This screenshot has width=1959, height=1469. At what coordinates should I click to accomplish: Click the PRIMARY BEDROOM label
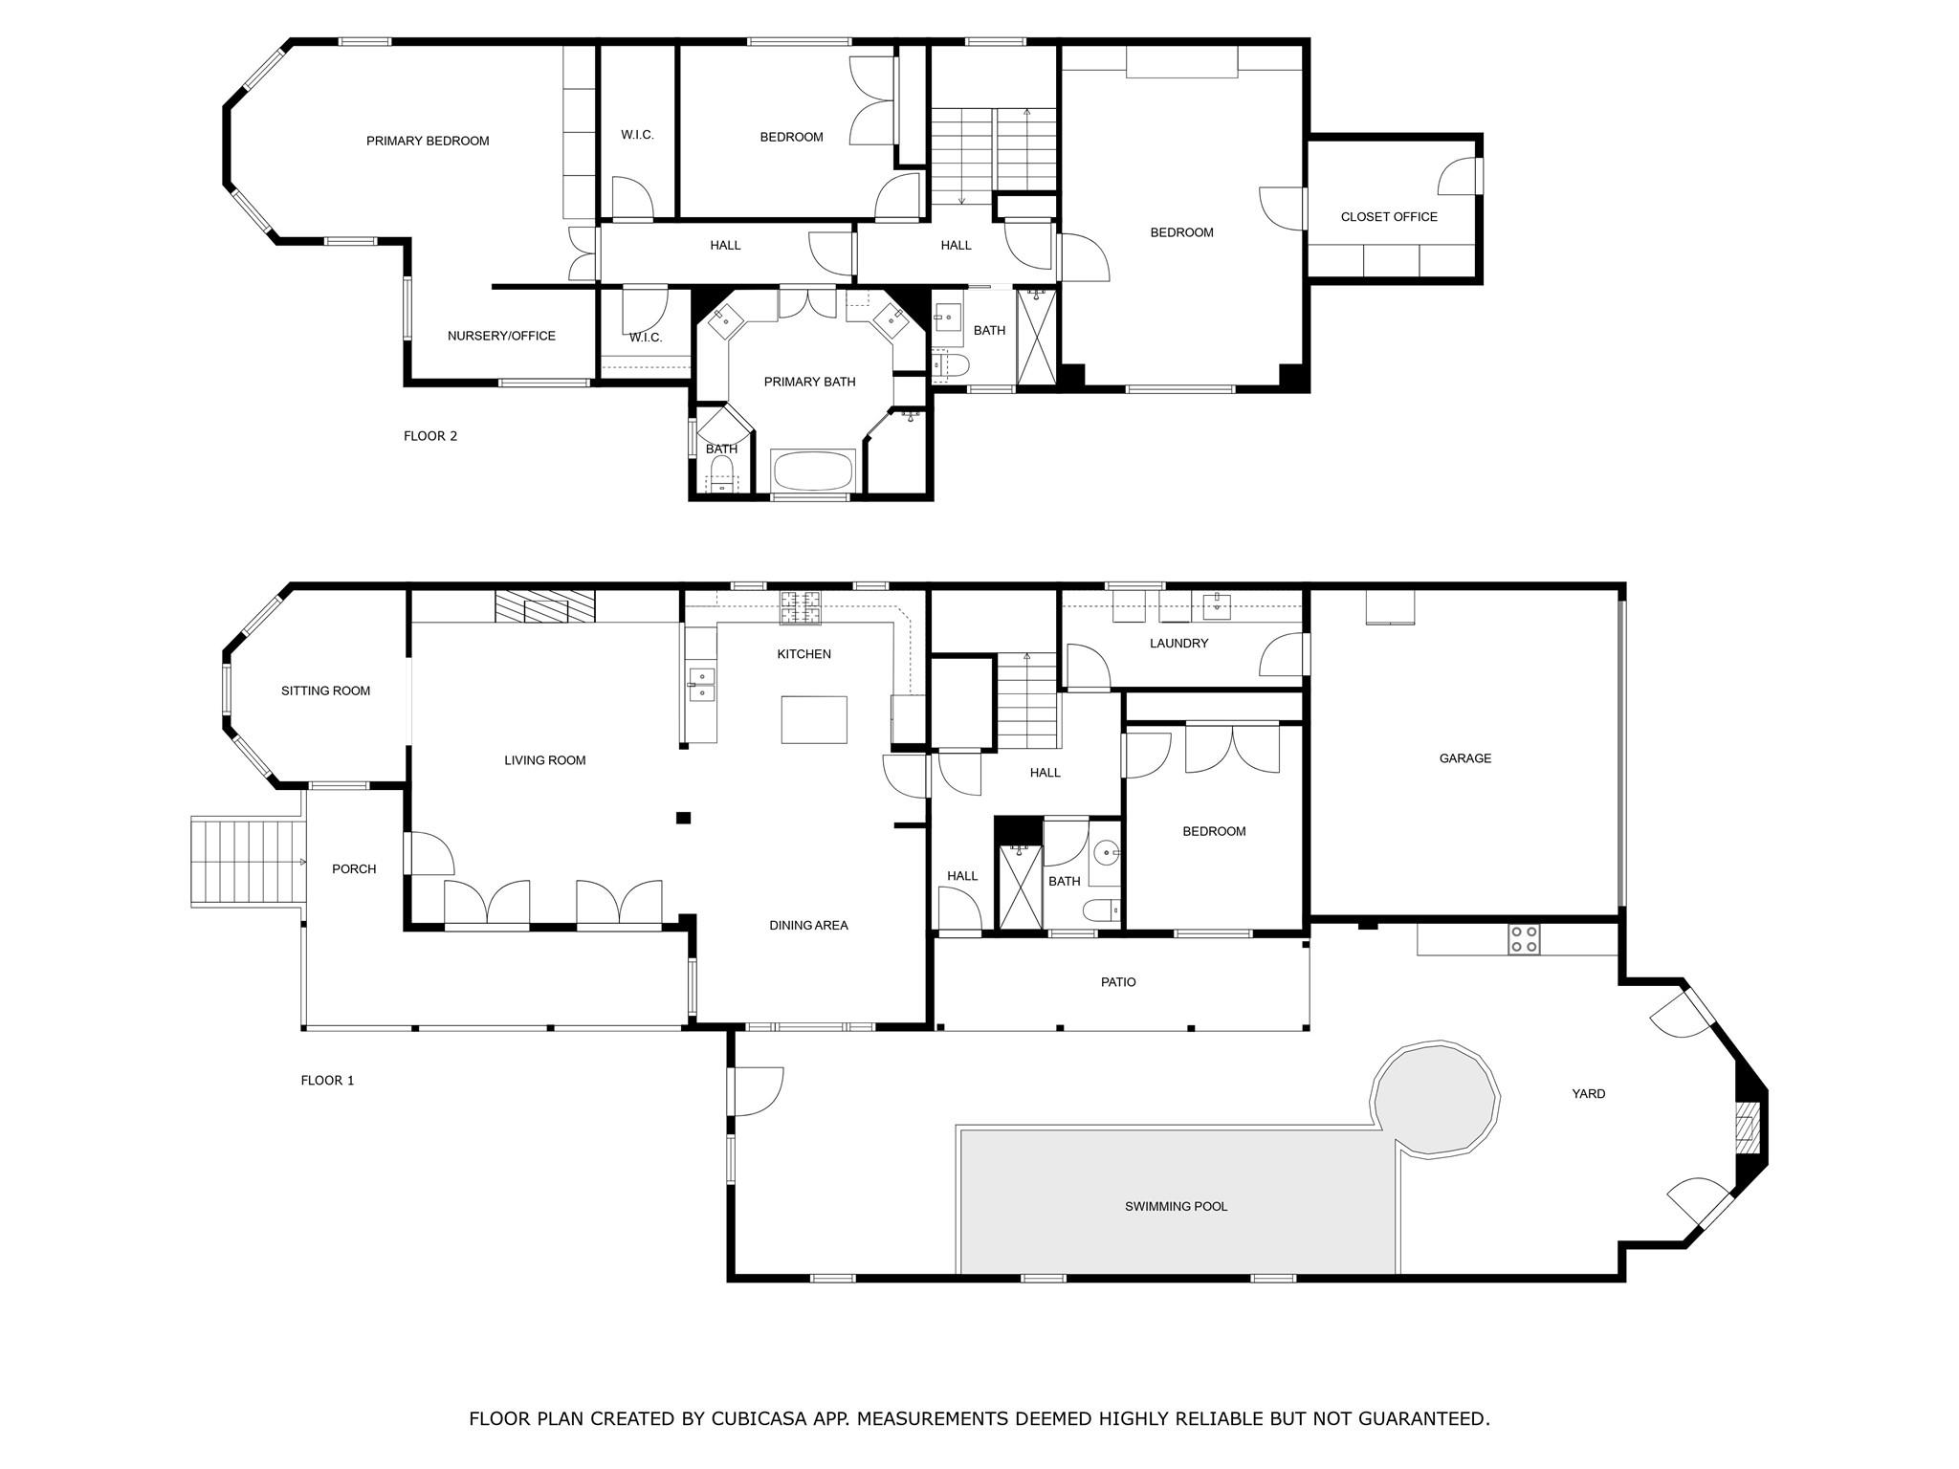[428, 142]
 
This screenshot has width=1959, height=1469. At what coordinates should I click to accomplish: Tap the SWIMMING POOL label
[1176, 1207]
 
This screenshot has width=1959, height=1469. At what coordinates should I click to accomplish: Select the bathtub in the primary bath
[813, 471]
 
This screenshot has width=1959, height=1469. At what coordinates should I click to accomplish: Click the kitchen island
[814, 719]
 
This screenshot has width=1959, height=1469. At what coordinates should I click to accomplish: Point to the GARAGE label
[1464, 758]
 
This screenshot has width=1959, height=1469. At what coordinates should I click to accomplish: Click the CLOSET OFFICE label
[1389, 217]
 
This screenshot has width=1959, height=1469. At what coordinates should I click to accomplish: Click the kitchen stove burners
[802, 608]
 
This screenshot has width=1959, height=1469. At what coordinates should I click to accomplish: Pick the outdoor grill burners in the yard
[1524, 939]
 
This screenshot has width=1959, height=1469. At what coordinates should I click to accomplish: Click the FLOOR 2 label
[430, 436]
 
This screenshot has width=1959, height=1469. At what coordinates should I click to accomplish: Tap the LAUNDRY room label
[1178, 644]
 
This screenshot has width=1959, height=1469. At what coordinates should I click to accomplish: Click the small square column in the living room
[683, 817]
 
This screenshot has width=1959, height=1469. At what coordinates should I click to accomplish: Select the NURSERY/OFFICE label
[501, 336]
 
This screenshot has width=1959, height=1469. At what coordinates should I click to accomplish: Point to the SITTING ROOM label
[325, 691]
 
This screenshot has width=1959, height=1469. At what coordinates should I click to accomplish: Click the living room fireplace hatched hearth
[545, 606]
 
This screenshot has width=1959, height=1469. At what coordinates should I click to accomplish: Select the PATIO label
[1118, 982]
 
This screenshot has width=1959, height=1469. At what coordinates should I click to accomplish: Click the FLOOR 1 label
[327, 1081]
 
